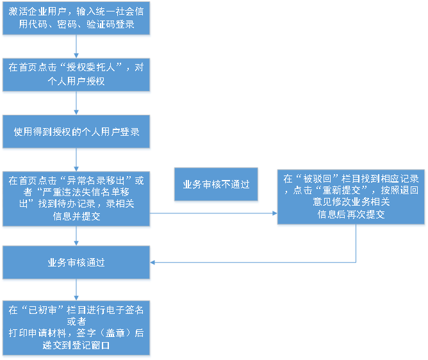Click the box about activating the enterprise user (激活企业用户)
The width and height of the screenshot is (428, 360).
coord(76,19)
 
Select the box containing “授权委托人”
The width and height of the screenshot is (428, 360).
coord(76,74)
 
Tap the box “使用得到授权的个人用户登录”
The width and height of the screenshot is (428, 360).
coord(76,132)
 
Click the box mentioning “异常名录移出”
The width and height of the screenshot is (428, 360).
coord(76,199)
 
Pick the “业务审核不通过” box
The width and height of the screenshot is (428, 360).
coord(216,184)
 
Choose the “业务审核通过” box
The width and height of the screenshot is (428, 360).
coord(76,263)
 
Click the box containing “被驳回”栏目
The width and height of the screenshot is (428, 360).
coord(351,197)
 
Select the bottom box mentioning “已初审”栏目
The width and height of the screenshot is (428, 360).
coord(76,327)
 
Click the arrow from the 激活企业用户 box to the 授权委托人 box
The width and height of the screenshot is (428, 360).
coord(76,47)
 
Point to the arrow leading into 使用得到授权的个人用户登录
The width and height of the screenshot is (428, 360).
coord(76,104)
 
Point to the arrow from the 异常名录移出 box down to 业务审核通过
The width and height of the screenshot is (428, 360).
coord(76,236)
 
